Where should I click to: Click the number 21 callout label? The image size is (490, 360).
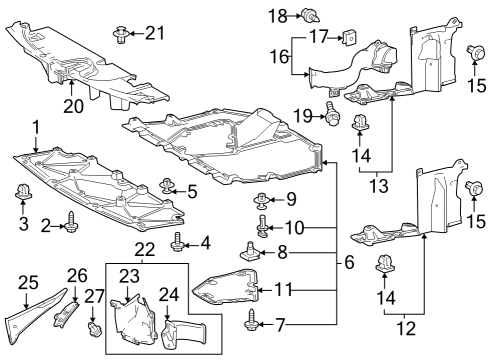tap(153, 33)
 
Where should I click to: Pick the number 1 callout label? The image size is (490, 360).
tap(35, 128)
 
